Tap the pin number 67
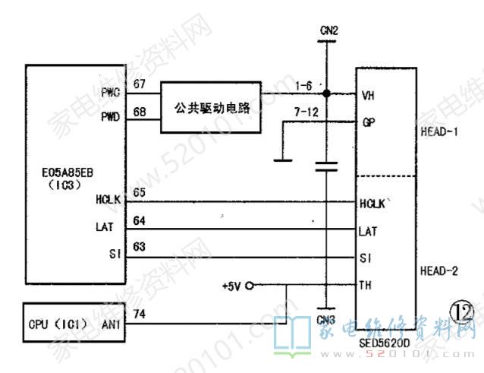pyautogui.click(x=140, y=84)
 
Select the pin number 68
pyautogui.click(x=140, y=112)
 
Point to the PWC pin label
pyautogui.click(x=110, y=93)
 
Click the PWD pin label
pyautogui.click(x=110, y=119)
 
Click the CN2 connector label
pyautogui.click(x=328, y=31)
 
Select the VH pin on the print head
pyautogui.click(x=368, y=96)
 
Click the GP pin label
pyautogui.click(x=368, y=122)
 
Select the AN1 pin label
pyautogui.click(x=111, y=324)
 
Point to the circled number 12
pyautogui.click(x=460, y=311)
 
